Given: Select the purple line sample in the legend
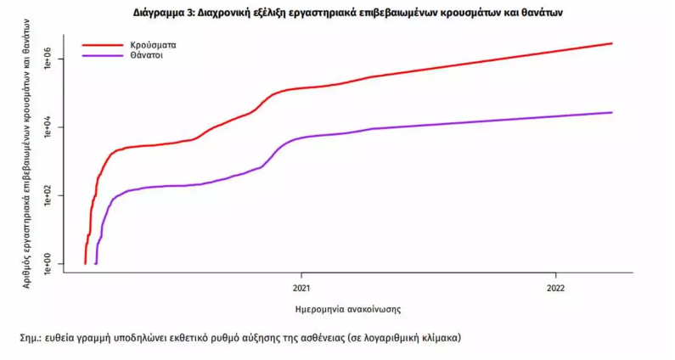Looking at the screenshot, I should (102, 56).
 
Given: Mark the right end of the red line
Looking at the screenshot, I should (611, 43).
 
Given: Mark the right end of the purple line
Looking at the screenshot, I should (611, 112).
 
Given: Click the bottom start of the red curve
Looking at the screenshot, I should (85, 263).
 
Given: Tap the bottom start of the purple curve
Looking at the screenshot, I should (96, 263).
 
